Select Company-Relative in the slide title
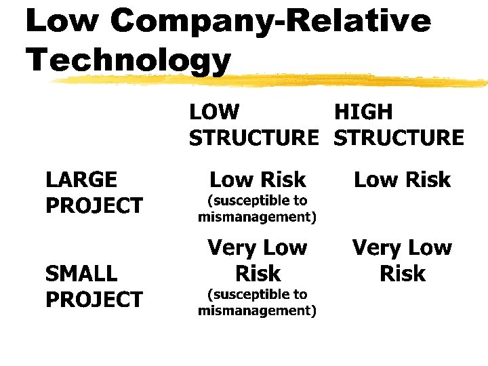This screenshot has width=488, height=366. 270,22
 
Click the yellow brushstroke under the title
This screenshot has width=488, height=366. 271,80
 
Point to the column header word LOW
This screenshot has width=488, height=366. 214,112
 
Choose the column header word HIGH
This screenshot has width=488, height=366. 363,112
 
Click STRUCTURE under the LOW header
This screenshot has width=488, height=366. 253,138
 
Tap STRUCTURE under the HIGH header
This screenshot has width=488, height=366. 399,138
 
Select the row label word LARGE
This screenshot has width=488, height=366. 81,180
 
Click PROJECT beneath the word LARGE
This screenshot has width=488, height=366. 94,205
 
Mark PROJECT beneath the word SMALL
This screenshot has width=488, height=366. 94,300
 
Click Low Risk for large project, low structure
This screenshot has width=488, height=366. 258,180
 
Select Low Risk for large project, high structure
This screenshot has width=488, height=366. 403,180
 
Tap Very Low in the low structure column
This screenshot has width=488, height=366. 258,247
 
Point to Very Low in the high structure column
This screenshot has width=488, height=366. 402,247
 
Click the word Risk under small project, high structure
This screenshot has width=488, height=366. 403,274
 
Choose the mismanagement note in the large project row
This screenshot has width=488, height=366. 258,209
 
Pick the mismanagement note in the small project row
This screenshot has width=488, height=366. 258,303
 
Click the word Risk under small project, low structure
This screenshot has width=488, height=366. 258,274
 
